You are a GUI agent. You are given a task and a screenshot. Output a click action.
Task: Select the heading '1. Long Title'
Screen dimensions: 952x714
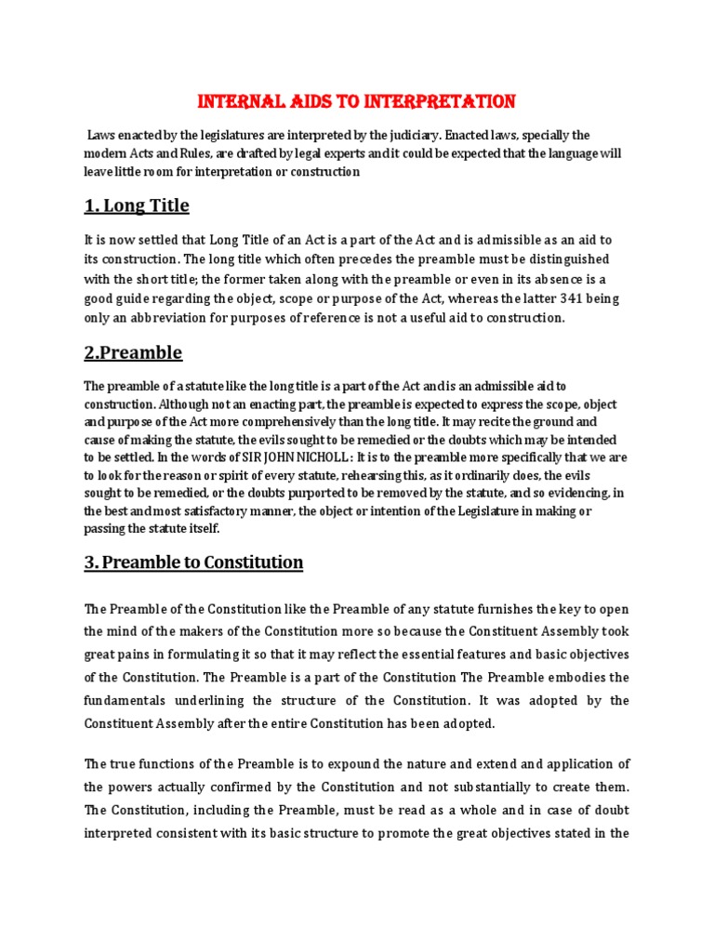[137, 205]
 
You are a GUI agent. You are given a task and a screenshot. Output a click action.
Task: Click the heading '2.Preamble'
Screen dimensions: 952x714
[133, 352]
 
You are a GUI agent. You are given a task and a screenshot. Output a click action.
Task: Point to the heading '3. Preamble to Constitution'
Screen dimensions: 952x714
[193, 562]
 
